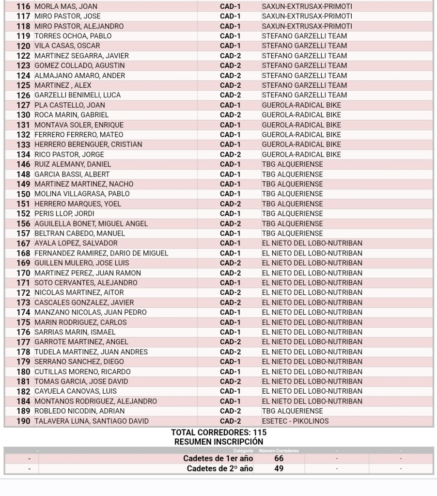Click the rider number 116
pos(23,7)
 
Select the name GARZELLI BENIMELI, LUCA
pos(78,96)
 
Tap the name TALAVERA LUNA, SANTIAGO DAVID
pos(92,421)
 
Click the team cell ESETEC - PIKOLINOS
pos(295,421)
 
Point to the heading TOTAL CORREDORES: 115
pos(218,432)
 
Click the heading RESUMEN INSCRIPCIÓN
pos(218,442)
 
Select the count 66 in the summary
pos(279,459)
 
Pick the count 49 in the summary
pos(279,469)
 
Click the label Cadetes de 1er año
pos(218,459)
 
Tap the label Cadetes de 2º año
pos(220,469)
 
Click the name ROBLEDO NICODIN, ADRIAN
pos(79,411)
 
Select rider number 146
pos(23,164)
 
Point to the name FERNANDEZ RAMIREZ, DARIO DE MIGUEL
pos(101,253)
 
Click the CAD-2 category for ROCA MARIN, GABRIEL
pos(230,115)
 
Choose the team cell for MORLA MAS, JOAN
pos(307,7)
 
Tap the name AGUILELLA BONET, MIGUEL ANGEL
pos(91,224)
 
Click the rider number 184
pos(23,401)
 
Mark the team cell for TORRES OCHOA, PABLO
pos(304,36)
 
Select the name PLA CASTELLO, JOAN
pos(70,105)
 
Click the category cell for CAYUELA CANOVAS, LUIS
pos(230,391)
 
